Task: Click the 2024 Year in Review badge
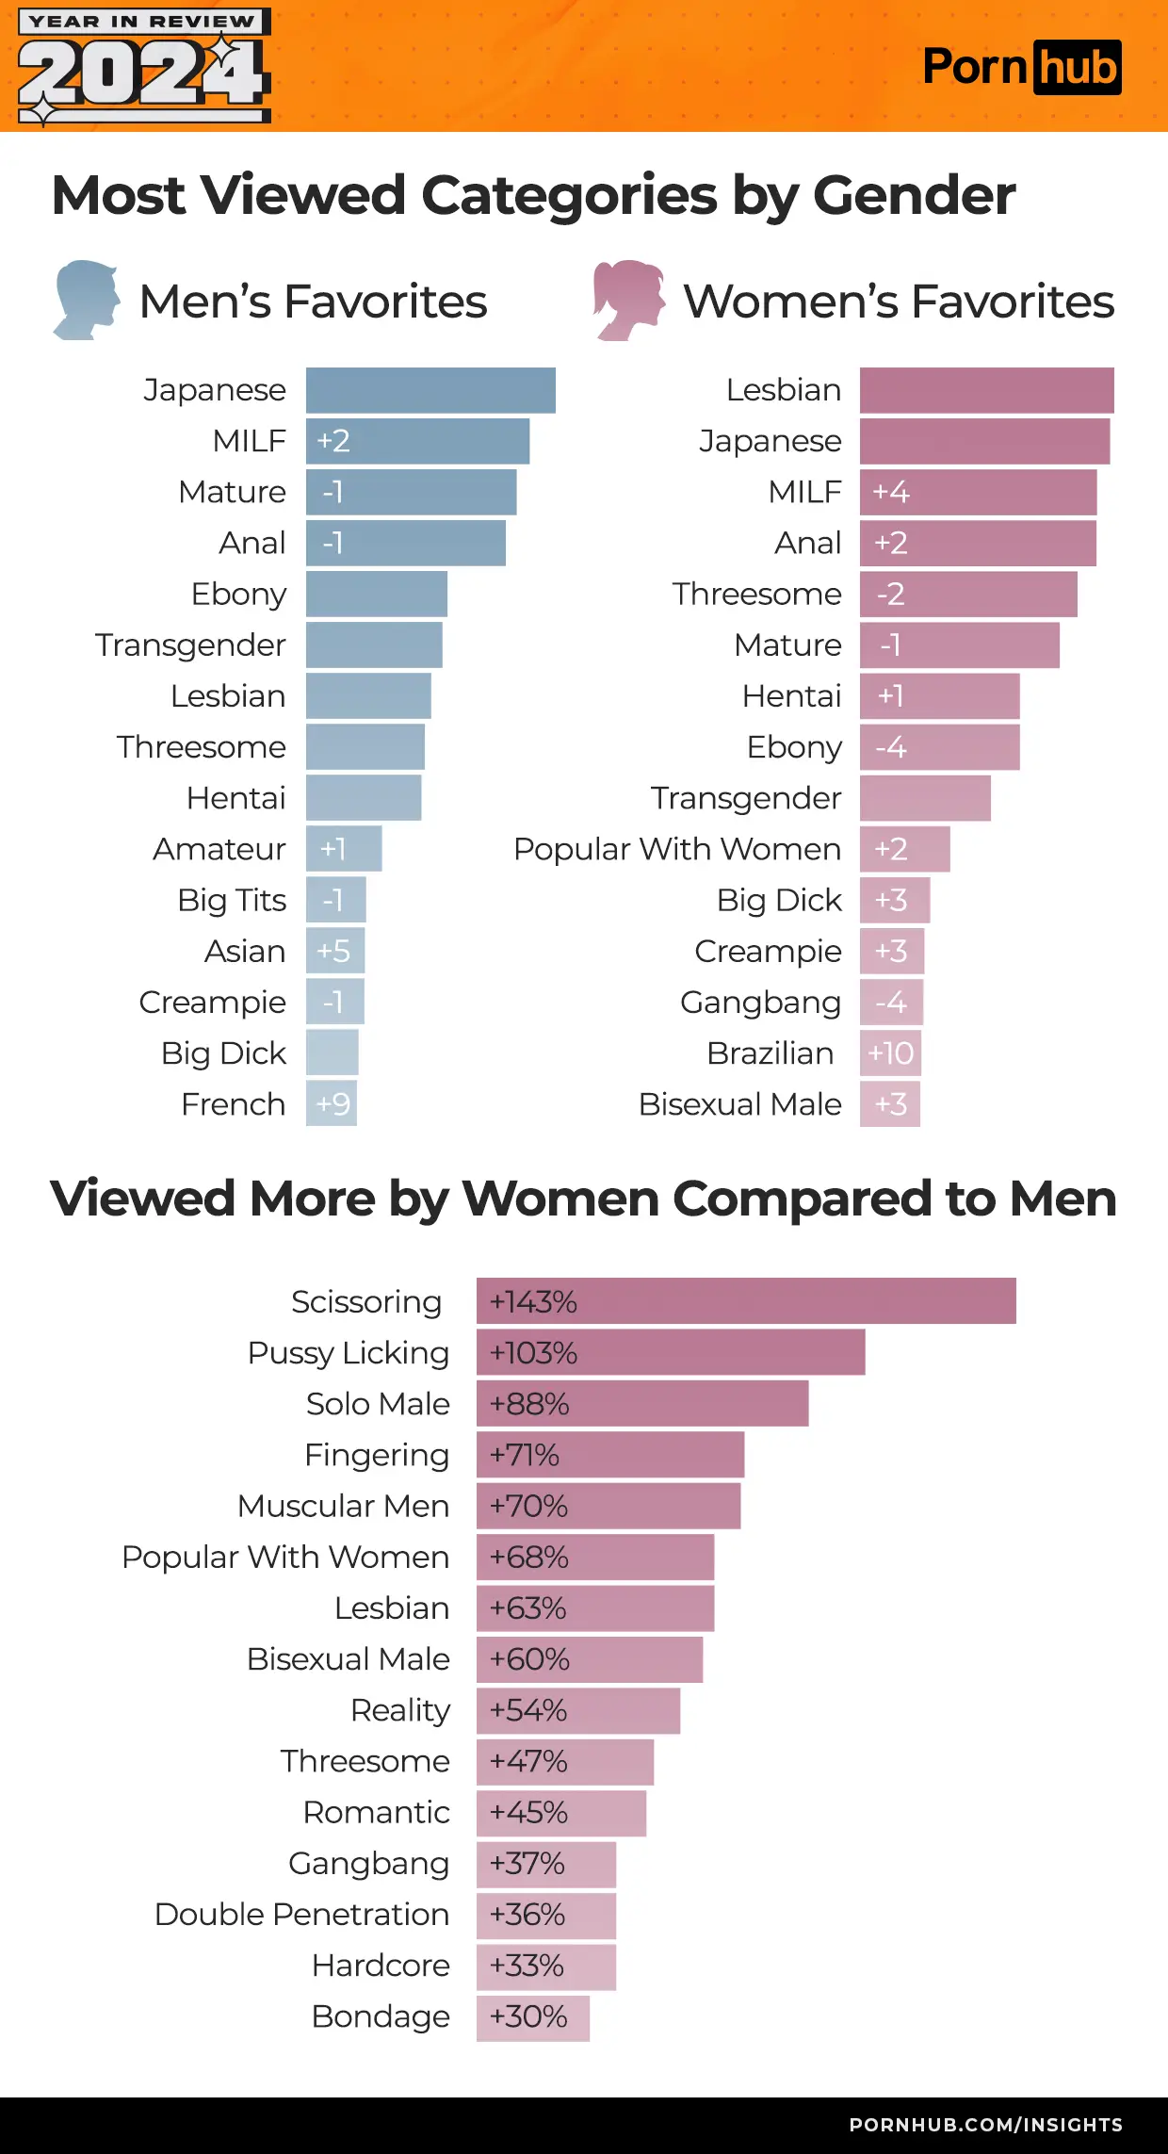pos(144,66)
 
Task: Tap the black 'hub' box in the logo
pos(1078,68)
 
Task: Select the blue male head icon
pos(87,300)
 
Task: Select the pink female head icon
pos(627,300)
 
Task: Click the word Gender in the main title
pos(914,195)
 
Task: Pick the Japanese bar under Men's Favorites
pos(430,390)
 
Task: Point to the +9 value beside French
pos(333,1103)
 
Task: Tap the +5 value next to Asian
pos(333,951)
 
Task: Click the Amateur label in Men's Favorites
pos(219,849)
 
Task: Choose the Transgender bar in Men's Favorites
pos(374,645)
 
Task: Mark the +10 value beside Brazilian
pos(890,1053)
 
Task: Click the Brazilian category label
pos(771,1053)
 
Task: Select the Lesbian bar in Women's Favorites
pos(986,390)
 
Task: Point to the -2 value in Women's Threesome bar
pos(890,594)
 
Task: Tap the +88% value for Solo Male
pos(529,1404)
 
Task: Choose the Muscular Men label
pos(344,1506)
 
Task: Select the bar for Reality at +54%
pos(577,1710)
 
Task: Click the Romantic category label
pos(377,1812)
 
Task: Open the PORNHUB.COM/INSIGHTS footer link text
pos(985,2125)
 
